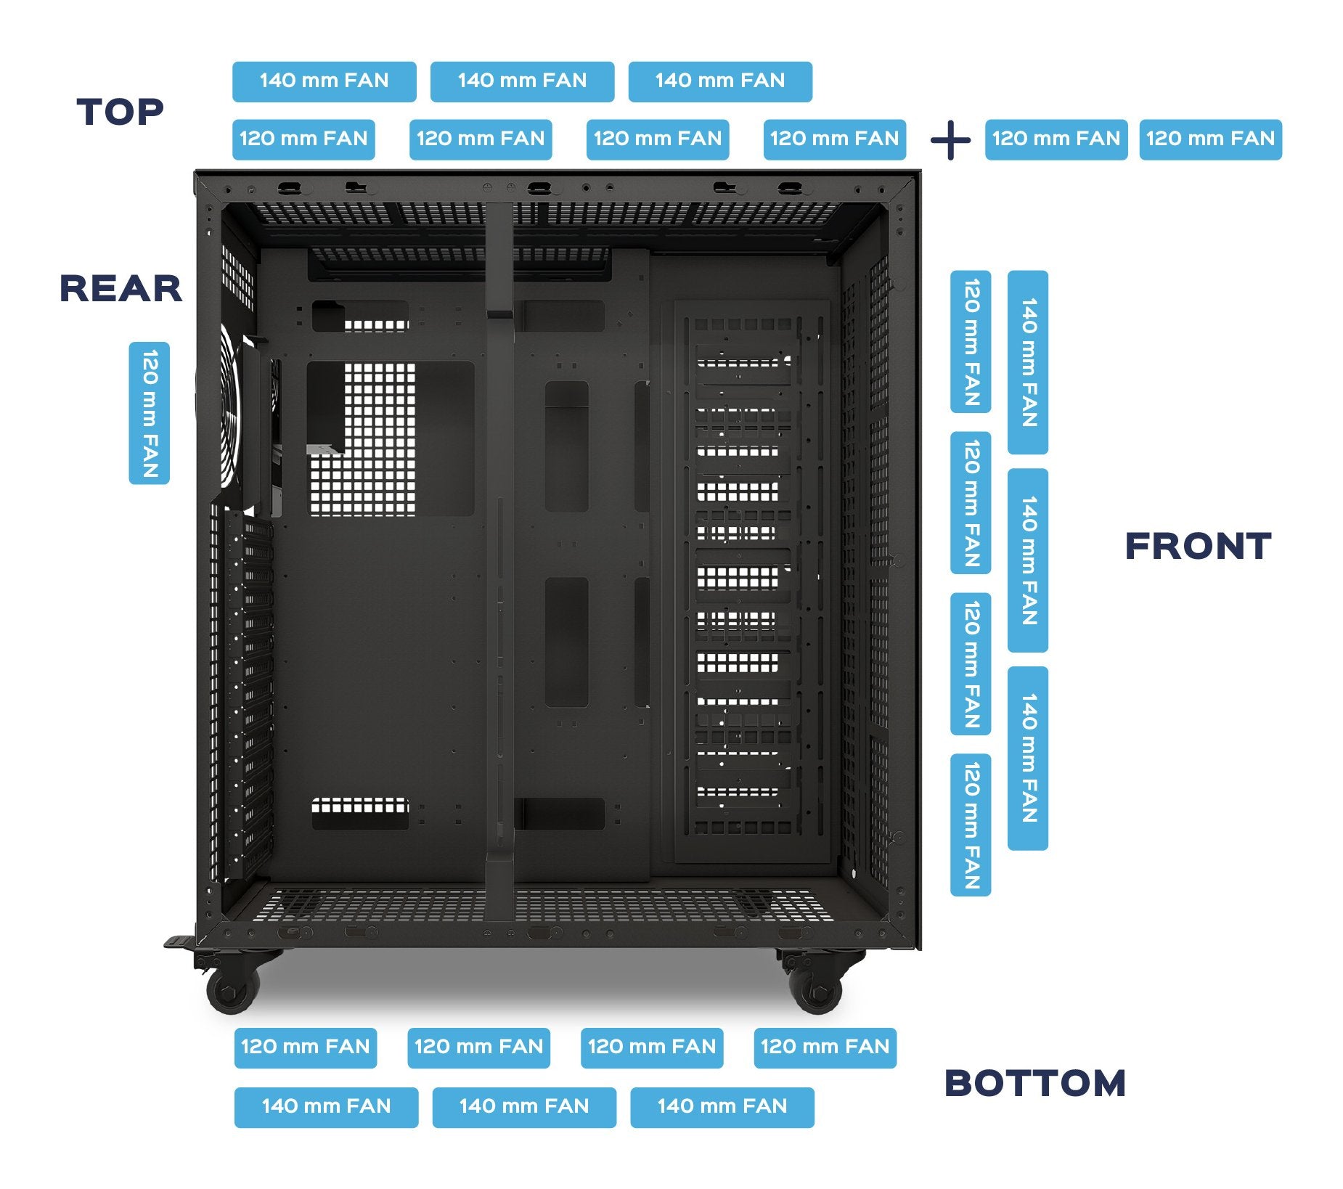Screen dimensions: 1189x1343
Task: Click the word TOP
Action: pyautogui.click(x=121, y=112)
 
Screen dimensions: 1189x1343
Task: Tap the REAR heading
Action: pyautogui.click(x=121, y=288)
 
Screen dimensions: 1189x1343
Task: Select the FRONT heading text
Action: pyautogui.click(x=1198, y=546)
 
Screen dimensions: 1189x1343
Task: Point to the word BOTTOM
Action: pyautogui.click(x=1034, y=1083)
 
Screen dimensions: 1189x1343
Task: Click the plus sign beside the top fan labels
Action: pyautogui.click(x=950, y=140)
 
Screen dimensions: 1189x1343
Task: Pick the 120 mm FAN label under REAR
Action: pyautogui.click(x=150, y=413)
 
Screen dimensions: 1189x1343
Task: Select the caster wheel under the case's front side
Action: pyautogui.click(x=816, y=987)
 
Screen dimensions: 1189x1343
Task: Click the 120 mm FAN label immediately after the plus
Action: pyautogui.click(x=1056, y=139)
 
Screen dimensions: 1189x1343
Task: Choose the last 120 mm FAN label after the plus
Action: pyautogui.click(x=1210, y=139)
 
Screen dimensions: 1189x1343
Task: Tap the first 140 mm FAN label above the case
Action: pyautogui.click(x=324, y=81)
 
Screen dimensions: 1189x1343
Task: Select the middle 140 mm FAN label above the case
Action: pyautogui.click(x=522, y=81)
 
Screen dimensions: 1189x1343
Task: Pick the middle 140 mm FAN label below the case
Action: pyautogui.click(x=524, y=1107)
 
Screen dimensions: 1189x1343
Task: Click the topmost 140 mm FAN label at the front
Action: pyautogui.click(x=1028, y=362)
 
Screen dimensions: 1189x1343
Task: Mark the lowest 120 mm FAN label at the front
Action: pyautogui.click(x=971, y=825)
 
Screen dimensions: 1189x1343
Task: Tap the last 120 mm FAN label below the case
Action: pyautogui.click(x=825, y=1047)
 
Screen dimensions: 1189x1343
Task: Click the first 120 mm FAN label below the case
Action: pyautogui.click(x=306, y=1047)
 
